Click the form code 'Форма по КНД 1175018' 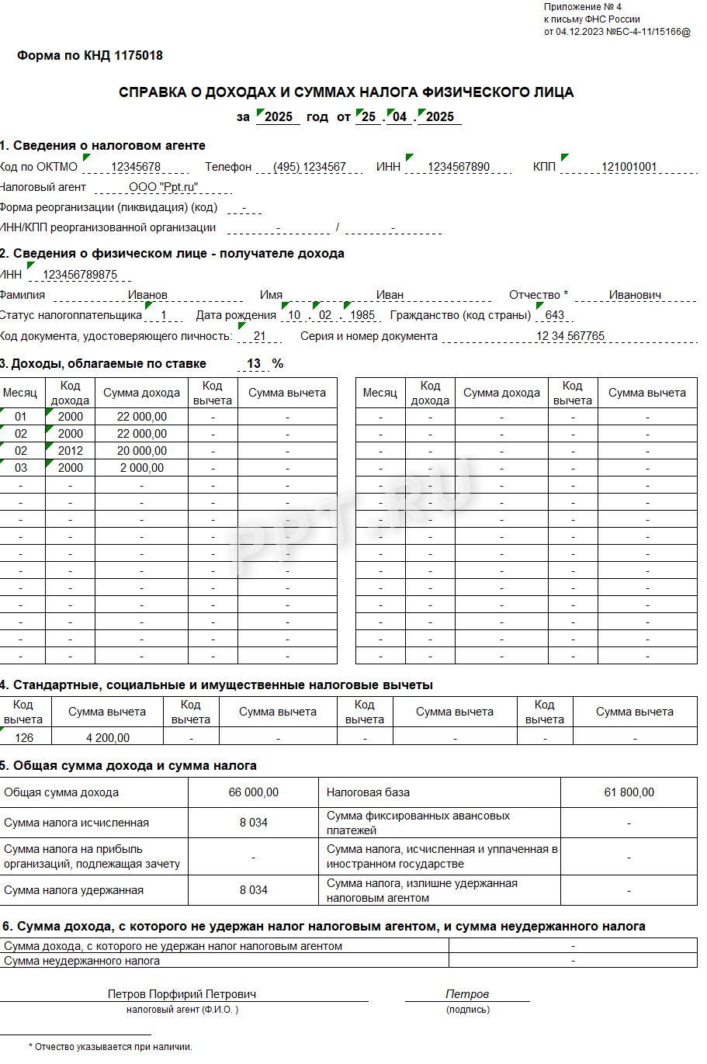[x=90, y=56]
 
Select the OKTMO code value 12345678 [x=136, y=167]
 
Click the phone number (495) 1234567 [x=310, y=167]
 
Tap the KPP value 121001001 [x=629, y=167]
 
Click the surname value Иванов [x=147, y=295]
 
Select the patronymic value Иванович [x=635, y=295]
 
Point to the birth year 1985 [x=362, y=316]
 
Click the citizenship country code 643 [x=555, y=316]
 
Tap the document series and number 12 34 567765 [x=570, y=336]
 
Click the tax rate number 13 [x=254, y=364]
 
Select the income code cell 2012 [x=70, y=451]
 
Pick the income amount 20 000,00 [x=141, y=451]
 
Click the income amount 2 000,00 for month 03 [x=141, y=468]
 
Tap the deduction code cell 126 [x=24, y=738]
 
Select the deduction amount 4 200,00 [x=108, y=738]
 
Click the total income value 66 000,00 [x=254, y=792]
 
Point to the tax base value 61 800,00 [x=629, y=792]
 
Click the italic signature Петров [x=467, y=993]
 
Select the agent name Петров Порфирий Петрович [x=182, y=993]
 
